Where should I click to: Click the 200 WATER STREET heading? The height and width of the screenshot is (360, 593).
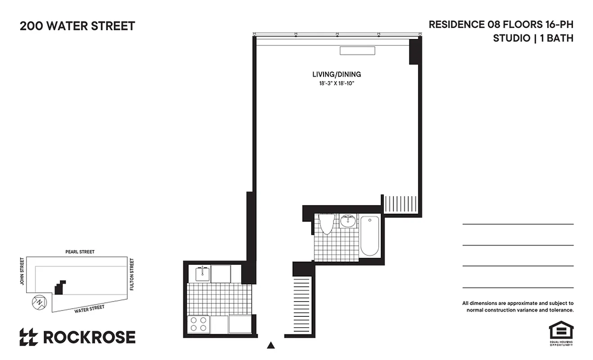[x=77, y=26]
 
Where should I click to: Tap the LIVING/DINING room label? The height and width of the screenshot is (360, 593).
[x=337, y=74]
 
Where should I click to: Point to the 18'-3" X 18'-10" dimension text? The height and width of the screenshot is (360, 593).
[x=337, y=84]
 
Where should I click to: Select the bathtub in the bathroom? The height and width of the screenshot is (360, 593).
[x=370, y=236]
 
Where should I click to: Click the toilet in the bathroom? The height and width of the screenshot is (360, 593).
[x=327, y=224]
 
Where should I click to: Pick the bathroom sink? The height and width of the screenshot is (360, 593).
[x=348, y=221]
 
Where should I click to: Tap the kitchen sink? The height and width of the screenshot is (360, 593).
[x=202, y=273]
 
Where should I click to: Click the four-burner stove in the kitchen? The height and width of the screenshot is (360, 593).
[x=198, y=324]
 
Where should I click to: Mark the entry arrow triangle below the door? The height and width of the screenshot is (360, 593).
[x=271, y=346]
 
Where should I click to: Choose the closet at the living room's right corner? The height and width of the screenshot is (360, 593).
[x=400, y=204]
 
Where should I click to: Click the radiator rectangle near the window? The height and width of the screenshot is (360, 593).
[x=357, y=51]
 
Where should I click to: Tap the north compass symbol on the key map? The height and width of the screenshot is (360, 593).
[x=39, y=301]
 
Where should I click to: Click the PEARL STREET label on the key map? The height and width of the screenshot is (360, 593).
[x=80, y=252]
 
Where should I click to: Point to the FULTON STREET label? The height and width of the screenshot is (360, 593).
[x=132, y=274]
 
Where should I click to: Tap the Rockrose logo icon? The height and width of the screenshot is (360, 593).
[x=29, y=337]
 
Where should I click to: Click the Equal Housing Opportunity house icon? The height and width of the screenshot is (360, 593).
[x=560, y=331]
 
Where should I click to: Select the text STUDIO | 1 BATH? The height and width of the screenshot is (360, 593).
[x=533, y=38]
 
